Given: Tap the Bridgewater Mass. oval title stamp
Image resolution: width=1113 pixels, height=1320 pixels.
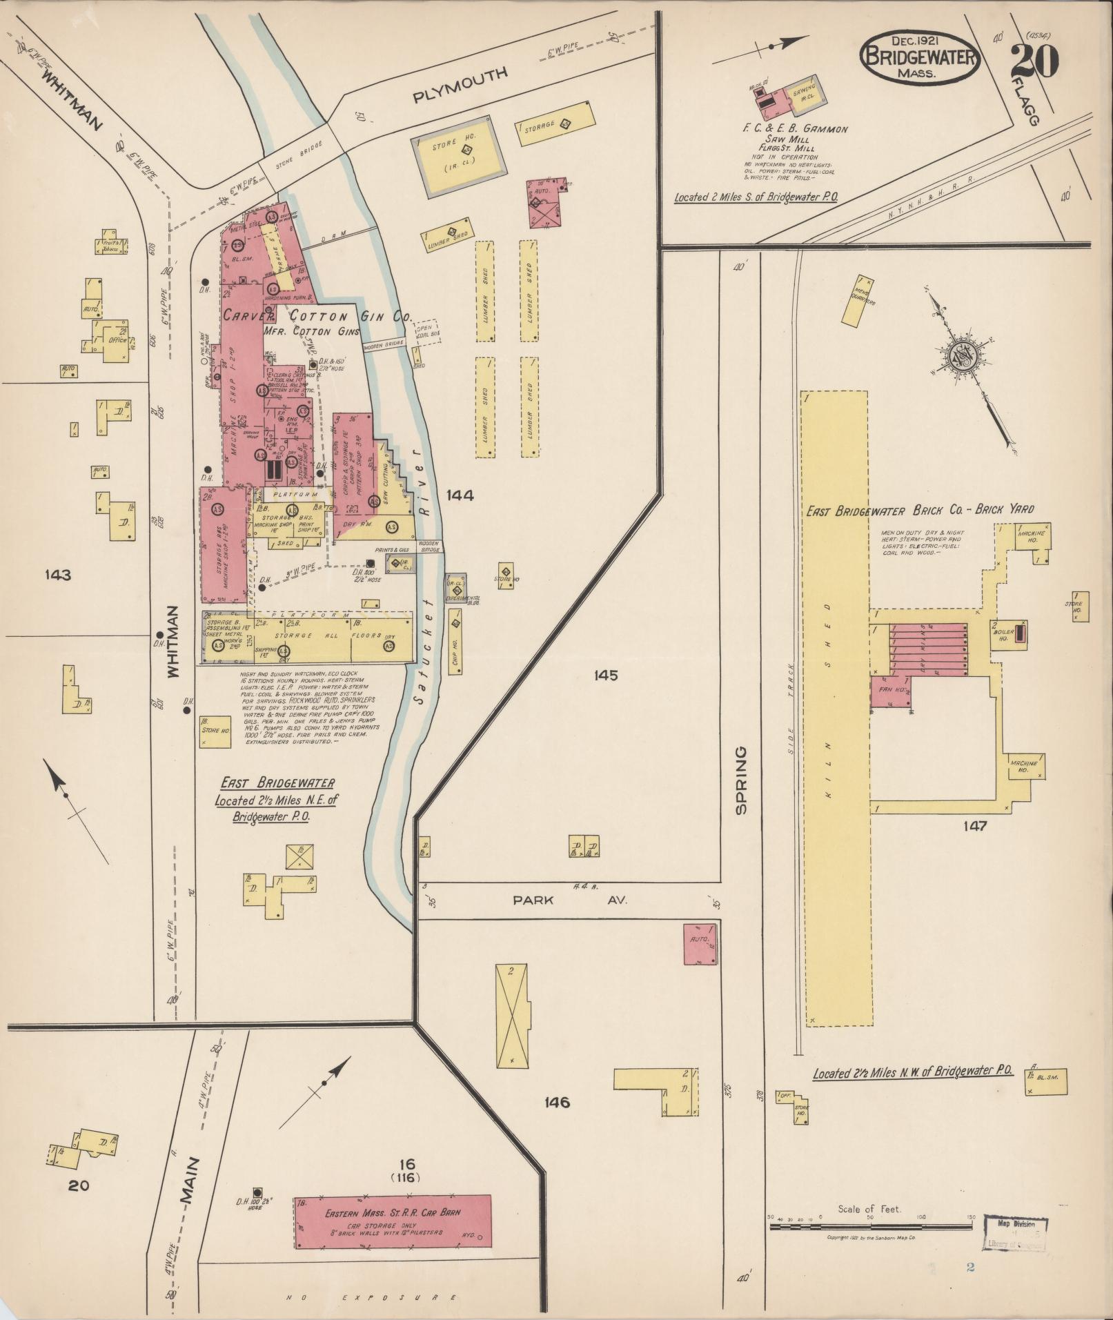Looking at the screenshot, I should pos(920,58).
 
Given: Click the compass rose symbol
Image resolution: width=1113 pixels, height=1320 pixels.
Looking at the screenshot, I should pos(961,356).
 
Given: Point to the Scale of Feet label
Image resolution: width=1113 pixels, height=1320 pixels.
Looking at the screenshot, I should pos(869,1208).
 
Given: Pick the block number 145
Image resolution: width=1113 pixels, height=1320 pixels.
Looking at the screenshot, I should pos(605,675).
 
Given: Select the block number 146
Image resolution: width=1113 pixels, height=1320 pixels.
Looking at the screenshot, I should pos(556,1102).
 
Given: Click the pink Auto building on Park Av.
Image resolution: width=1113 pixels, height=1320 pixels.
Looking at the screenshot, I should pos(700,944).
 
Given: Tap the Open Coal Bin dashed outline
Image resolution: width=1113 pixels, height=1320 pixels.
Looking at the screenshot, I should pos(427,333).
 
